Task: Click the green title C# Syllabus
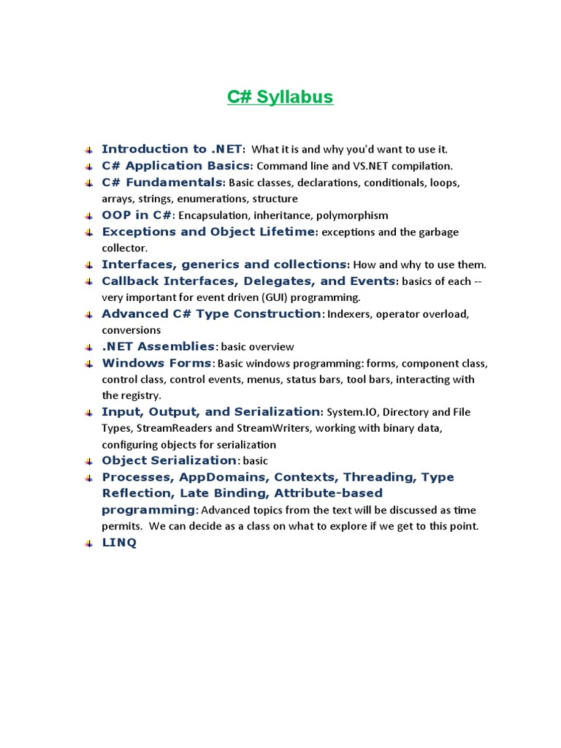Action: coord(280,97)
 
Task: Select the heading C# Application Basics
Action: coord(176,166)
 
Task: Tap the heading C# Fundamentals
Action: coord(162,182)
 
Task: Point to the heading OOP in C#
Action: coord(137,215)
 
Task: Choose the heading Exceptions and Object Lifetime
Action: coord(209,232)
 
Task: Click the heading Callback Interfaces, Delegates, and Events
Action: coord(248,281)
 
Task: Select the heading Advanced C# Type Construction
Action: coord(211,314)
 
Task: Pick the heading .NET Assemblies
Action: coord(159,346)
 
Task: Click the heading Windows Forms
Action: coord(156,363)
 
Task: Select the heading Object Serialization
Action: coord(169,460)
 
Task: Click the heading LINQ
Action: coord(118,543)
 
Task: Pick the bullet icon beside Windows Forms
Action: coord(88,364)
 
